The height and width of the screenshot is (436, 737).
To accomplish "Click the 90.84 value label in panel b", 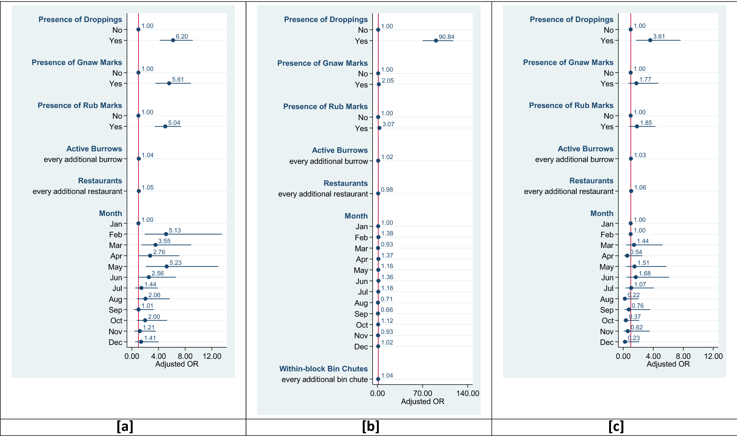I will point(446,37).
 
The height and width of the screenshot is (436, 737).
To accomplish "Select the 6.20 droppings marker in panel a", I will point(173,40).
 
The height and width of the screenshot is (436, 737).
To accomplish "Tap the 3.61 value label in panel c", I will point(659,36).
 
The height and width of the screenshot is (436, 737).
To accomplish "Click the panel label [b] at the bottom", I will point(370,426).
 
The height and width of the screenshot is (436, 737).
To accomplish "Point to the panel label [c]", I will point(616,426).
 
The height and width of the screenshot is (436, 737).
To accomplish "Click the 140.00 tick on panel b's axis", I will point(468,393).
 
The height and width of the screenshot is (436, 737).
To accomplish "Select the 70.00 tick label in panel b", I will point(423,393).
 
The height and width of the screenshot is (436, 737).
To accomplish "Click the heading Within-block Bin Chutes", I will point(323,369).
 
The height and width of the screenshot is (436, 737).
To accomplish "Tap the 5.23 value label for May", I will point(175,263).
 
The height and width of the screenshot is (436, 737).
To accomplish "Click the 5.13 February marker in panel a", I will point(166,234).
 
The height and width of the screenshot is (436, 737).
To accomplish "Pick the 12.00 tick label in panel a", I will point(212,356).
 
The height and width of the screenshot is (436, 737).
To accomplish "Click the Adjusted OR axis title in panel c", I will point(668,364).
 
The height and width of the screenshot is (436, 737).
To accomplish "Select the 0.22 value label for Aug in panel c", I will point(633,295).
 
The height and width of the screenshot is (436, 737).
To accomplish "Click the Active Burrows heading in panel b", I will point(339,150).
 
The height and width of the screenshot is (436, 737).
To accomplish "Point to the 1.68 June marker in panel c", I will point(636,277).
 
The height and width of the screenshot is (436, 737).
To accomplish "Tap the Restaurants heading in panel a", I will point(100,181).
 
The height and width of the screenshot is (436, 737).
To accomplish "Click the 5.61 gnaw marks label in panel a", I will point(178,79).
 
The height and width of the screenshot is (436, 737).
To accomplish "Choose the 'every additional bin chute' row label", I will point(324,379).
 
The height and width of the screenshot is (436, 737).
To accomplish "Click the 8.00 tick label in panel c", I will point(683,356).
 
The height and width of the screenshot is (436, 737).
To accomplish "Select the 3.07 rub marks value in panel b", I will point(388,124).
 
